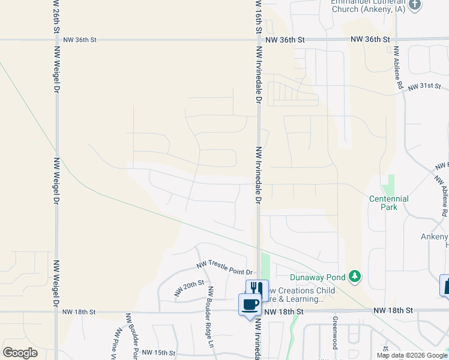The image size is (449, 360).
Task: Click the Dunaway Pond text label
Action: point(318,277)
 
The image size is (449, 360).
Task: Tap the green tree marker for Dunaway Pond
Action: point(356,276)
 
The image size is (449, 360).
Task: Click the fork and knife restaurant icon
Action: point(257,289)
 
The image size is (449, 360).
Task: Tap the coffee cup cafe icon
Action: point(250,304)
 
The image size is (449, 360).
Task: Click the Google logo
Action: point(20,352)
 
